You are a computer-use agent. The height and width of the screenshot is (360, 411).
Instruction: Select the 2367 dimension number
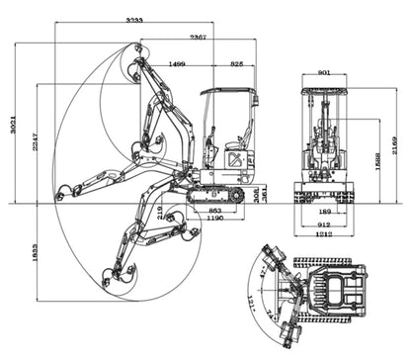pos(199,37)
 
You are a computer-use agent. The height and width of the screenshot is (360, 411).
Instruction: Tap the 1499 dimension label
pos(177,63)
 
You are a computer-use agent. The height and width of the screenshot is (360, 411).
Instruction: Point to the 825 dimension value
pos(237,63)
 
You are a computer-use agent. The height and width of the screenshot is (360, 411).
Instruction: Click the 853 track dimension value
pos(215,211)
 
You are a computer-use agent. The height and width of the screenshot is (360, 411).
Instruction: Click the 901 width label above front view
pos(325,72)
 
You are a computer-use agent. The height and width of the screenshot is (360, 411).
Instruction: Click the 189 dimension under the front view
pos(325,211)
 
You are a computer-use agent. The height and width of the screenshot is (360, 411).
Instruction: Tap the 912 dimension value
pos(325,224)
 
